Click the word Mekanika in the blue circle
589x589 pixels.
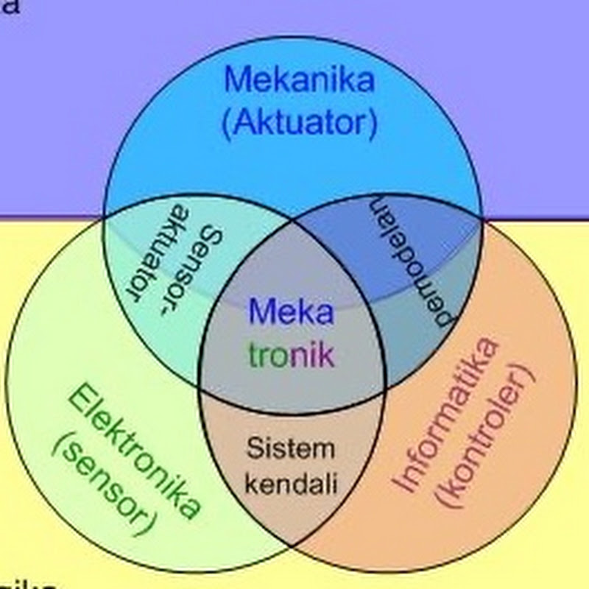coord(299,80)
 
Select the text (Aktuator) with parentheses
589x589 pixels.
coord(299,123)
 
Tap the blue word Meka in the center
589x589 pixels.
coord(291,312)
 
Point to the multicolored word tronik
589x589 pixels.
coord(292,356)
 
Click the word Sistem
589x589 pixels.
coord(290,448)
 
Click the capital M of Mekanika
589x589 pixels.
coord(238,80)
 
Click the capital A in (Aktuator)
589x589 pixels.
coord(246,123)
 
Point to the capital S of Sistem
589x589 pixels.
coord(253,448)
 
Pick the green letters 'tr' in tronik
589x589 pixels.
coord(259,357)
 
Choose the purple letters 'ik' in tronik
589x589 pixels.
coord(325,356)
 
